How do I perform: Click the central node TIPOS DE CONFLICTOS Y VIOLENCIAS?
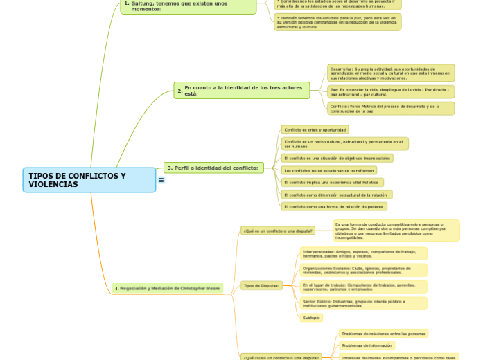point(89,180)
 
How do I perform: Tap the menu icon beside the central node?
point(161,180)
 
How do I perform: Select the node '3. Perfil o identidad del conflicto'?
point(214,168)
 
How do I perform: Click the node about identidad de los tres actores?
point(242,91)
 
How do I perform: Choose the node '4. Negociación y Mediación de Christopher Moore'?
point(168,287)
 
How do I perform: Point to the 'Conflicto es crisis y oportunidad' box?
point(315,129)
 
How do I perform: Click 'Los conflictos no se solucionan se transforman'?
point(329,170)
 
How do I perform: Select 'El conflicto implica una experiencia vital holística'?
point(332,182)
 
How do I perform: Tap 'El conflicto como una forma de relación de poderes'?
point(334,206)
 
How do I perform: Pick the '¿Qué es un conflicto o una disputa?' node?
point(278,230)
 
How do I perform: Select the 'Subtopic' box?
point(311,318)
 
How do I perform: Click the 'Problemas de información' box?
point(367,345)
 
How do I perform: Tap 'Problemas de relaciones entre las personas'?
point(383,333)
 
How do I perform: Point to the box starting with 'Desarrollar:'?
point(391,73)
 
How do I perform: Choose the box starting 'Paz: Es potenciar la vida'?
point(391,91)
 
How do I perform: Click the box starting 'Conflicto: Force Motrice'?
point(391,108)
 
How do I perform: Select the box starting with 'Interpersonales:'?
point(363,253)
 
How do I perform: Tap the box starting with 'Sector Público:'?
point(363,303)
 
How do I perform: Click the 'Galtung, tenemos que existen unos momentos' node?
point(188,6)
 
